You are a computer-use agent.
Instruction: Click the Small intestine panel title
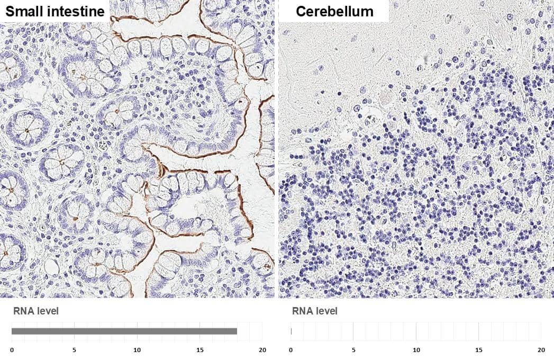point(55,11)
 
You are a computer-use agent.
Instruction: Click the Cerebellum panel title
point(334,11)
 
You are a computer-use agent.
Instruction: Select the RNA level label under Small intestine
point(35,311)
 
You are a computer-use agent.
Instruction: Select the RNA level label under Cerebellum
point(314,311)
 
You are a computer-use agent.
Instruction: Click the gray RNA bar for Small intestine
point(124,331)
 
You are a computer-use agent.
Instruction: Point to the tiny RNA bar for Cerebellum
point(291,331)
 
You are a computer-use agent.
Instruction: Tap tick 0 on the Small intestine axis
point(12,350)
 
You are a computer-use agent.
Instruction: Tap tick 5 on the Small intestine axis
point(74,350)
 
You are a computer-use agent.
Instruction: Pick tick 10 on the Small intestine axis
point(137,350)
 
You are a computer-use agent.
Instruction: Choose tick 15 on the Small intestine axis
point(199,350)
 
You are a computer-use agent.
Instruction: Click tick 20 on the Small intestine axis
point(262,350)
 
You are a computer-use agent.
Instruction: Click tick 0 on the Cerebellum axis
point(290,350)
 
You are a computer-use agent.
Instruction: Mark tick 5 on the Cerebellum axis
point(353,350)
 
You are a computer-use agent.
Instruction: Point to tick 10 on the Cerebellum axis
point(416,350)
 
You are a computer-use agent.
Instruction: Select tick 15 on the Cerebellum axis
point(478,350)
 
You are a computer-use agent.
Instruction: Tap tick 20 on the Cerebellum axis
point(541,350)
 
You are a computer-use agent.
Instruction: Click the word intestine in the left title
point(74,11)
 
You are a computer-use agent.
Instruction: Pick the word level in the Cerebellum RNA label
point(326,311)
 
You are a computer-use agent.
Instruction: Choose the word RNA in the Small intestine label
point(23,311)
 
